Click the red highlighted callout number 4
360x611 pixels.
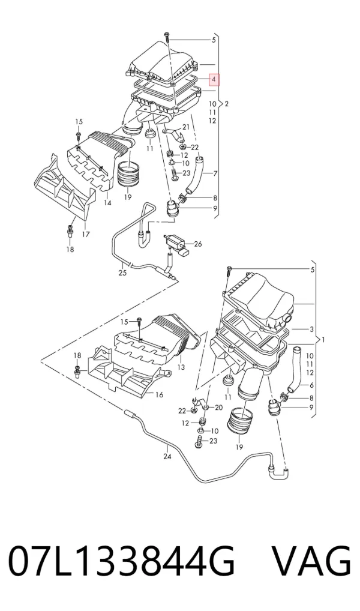[214, 79]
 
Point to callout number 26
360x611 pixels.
[198, 244]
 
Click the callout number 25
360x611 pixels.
[122, 272]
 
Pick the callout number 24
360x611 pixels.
[167, 456]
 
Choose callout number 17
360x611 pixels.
[86, 234]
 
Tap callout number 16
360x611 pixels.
[159, 395]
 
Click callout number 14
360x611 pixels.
[107, 203]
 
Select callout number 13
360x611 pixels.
[181, 367]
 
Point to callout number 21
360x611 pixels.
[185, 127]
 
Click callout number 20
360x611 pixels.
[218, 408]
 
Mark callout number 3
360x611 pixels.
[311, 330]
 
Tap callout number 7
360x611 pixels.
[215, 173]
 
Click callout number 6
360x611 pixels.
[311, 385]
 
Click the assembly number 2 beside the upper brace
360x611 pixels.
[227, 104]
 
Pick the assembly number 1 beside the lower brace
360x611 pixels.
[323, 340]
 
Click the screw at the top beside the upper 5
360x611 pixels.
[167, 37]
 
